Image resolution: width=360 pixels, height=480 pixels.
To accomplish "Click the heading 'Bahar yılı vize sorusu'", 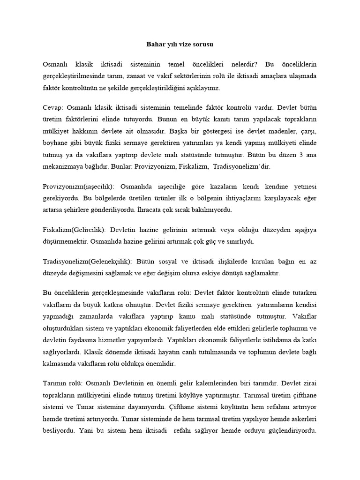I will tap(180, 45).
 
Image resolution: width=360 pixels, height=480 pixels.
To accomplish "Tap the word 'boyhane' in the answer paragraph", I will tap(56, 141).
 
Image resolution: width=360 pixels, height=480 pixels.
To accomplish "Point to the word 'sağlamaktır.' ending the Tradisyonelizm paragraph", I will tap(262, 273).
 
